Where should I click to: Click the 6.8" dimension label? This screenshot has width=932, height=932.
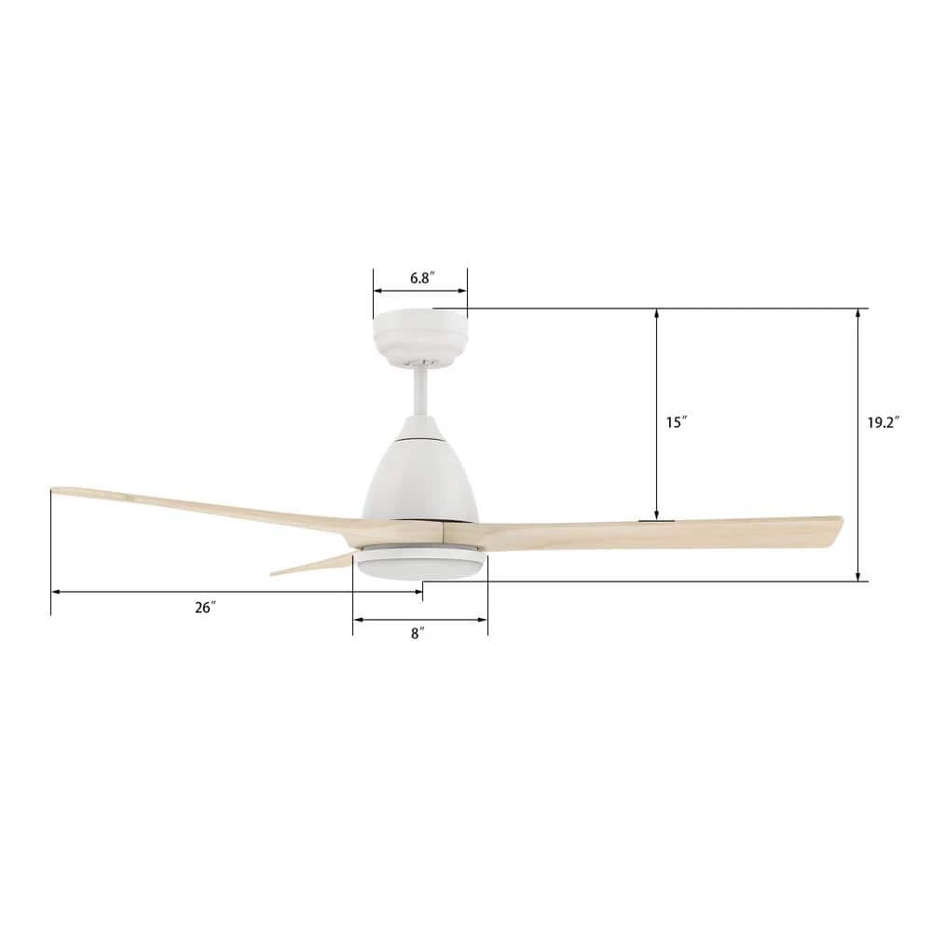point(422,278)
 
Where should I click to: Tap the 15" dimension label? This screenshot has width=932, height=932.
point(677,422)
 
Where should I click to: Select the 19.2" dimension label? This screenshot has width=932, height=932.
point(884,422)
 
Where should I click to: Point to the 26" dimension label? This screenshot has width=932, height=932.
point(205,608)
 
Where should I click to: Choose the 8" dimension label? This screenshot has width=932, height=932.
point(418,634)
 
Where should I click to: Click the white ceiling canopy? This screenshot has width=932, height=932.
point(419,337)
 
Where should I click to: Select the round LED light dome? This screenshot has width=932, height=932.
point(420,562)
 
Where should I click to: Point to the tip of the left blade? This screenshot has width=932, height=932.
point(52,490)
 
